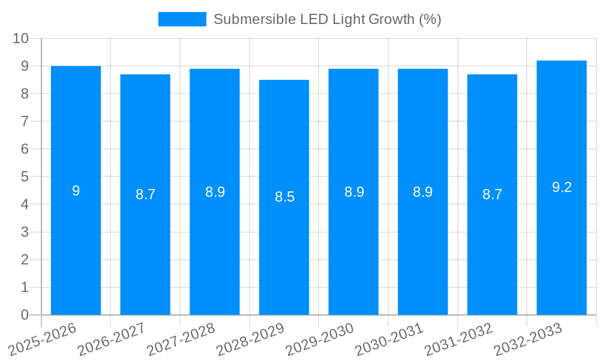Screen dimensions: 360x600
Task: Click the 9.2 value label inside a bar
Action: click(x=562, y=187)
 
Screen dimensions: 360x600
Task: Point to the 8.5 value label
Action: click(x=284, y=197)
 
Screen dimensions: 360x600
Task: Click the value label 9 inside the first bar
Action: click(x=76, y=191)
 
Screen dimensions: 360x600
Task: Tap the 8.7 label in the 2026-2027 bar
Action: click(x=145, y=194)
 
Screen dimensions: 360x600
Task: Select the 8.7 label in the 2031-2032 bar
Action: click(x=492, y=194)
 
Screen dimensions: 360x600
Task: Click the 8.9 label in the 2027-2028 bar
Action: click(x=215, y=192)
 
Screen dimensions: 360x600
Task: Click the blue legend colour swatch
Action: click(x=182, y=19)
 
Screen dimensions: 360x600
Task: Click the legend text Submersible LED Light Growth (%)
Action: click(x=327, y=19)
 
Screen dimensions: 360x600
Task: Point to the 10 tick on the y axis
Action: click(x=21, y=38)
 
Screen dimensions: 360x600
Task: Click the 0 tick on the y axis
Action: click(x=25, y=315)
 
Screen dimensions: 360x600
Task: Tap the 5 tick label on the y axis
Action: click(x=25, y=177)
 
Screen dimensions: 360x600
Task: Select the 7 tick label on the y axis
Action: click(x=25, y=121)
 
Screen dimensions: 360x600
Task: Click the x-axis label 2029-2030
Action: click(x=320, y=339)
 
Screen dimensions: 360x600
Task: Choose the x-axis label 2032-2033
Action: click(x=528, y=339)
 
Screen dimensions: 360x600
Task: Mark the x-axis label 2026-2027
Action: click(x=112, y=339)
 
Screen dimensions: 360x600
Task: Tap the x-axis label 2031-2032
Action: click(x=458, y=339)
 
